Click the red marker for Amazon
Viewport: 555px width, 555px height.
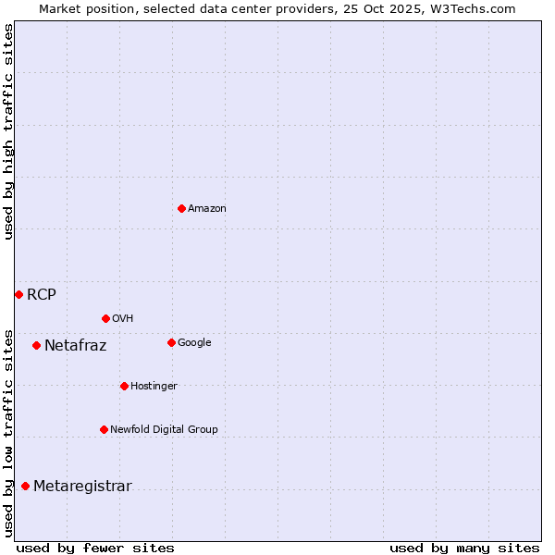pos(181,208)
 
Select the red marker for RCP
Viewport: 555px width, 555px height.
pos(18,294)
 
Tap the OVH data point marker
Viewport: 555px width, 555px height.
pos(105,318)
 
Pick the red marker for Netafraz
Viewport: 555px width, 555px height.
pos(36,345)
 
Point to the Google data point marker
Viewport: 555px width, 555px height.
pos(171,342)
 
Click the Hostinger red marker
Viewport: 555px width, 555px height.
pos(124,386)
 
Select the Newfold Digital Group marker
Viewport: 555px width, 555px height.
pos(104,429)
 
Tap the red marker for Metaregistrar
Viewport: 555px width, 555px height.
pos(25,486)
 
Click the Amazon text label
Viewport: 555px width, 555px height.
pos(207,209)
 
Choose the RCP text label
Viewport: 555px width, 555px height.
pos(42,295)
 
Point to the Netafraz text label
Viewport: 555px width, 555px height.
pos(76,346)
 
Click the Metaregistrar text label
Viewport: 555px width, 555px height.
pos(83,487)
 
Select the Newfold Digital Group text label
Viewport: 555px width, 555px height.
pos(165,429)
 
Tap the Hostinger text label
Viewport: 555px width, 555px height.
pos(154,386)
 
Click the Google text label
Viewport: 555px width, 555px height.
pos(194,342)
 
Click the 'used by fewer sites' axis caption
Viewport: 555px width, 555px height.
pos(95,548)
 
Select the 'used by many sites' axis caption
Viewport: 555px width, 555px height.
pos(464,548)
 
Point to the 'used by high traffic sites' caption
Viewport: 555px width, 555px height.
pos(8,131)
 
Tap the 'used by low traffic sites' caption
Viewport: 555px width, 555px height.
pos(8,432)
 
